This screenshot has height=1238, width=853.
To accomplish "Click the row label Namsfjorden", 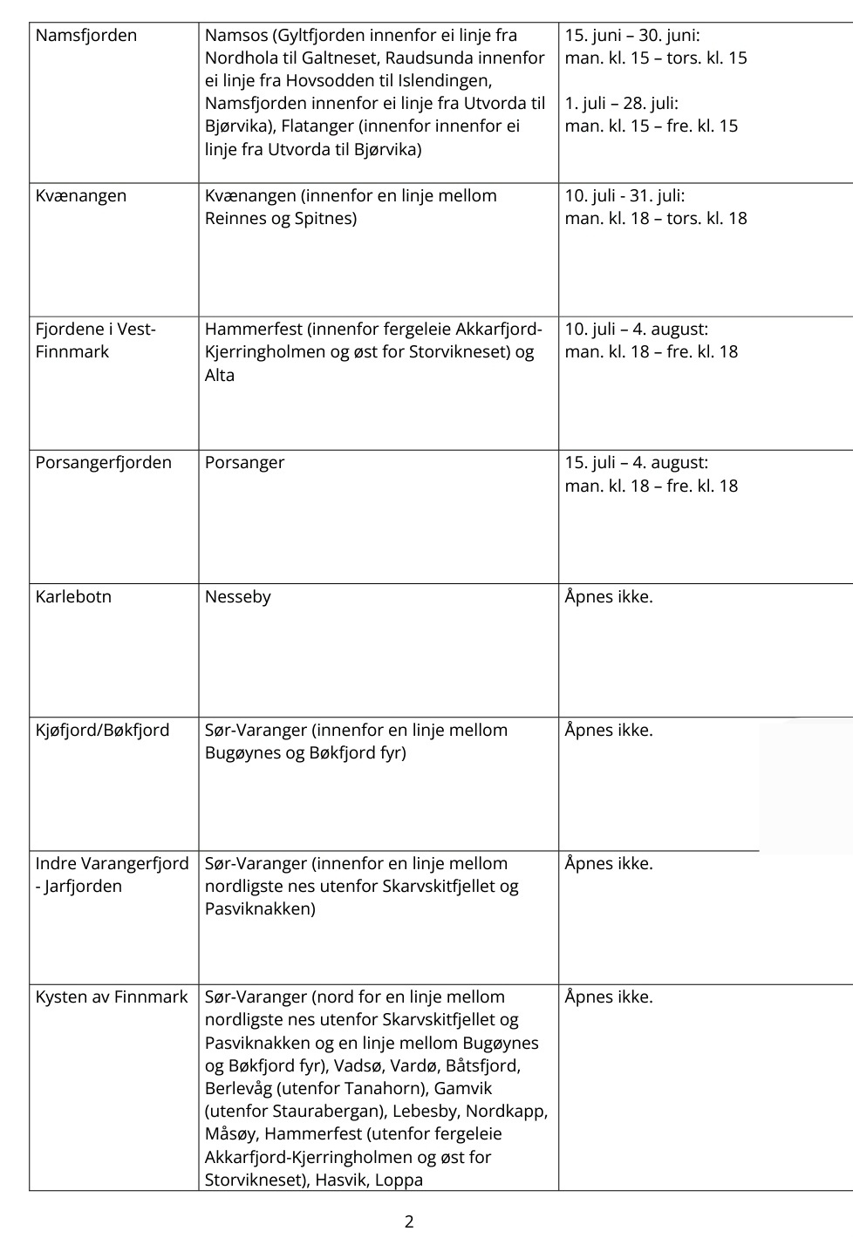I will [86, 36].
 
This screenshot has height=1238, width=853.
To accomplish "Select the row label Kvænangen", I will [81, 196].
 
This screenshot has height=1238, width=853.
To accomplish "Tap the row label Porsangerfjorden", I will [104, 463].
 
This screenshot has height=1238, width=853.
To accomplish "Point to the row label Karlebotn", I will [73, 597].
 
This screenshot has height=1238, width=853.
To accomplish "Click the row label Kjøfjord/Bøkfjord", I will [102, 731].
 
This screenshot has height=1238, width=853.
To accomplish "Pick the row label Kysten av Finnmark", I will [112, 997].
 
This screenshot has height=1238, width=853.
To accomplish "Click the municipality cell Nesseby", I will [237, 597].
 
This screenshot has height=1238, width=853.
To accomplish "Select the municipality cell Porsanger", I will [244, 463].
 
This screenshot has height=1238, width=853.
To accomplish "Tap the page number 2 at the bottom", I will [409, 1221].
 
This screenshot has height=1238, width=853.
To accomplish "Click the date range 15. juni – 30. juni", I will [632, 36].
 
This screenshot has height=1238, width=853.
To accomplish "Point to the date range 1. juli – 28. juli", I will [621, 104].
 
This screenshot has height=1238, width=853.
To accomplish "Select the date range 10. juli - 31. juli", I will [624, 196].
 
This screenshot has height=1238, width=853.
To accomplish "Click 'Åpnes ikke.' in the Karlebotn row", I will [609, 597].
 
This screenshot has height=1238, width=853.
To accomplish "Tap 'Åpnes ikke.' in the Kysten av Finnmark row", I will [609, 997].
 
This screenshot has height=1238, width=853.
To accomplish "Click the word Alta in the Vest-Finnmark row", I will [220, 376].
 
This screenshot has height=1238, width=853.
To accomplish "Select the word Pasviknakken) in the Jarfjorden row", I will [260, 909].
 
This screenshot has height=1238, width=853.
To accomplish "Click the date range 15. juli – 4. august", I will [637, 463].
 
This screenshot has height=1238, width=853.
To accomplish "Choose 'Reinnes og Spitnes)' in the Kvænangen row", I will [281, 219].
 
